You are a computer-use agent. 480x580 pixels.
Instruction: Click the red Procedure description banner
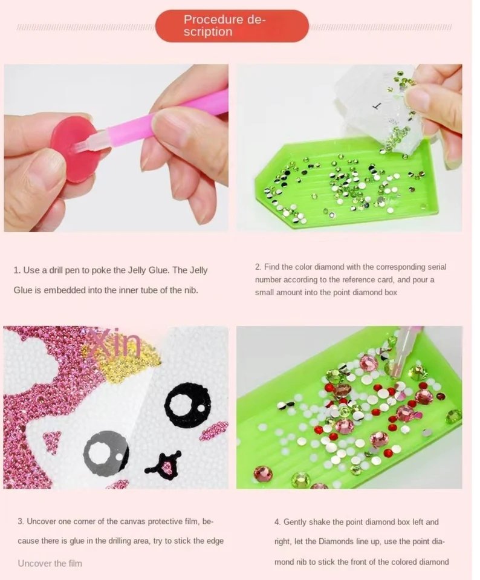pos(232,26)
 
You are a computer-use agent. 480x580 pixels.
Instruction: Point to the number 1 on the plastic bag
pos(377,106)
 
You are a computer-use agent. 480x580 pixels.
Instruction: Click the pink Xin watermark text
pos(114,343)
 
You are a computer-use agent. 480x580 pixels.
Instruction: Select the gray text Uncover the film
pos(50,563)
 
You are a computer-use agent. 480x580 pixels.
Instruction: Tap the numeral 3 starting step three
pos(20,521)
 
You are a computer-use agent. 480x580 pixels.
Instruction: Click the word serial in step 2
pos(437,267)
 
